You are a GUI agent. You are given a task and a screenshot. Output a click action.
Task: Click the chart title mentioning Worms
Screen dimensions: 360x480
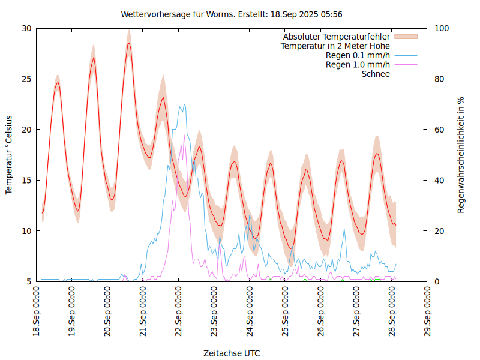[232, 14]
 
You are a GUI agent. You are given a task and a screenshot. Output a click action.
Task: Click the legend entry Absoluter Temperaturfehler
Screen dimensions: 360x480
[337, 37]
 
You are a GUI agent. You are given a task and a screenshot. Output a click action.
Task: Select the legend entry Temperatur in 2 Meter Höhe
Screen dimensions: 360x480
[335, 46]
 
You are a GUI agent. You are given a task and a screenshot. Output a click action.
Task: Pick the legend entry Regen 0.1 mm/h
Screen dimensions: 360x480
[358, 56]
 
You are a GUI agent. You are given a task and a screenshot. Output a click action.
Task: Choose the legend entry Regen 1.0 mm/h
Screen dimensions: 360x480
[358, 65]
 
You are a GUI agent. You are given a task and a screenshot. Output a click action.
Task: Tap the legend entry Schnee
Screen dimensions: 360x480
[376, 74]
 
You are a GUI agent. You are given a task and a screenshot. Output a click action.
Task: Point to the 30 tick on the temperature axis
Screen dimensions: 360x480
[26, 28]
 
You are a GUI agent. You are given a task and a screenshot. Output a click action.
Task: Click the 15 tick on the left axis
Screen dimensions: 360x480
[26, 180]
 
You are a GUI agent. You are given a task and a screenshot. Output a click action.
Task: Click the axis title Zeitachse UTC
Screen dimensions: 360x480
[232, 353]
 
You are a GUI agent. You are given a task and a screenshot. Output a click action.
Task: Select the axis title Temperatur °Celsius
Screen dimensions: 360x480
[9, 155]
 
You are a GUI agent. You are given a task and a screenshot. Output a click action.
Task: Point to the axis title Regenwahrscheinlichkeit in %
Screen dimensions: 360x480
[461, 155]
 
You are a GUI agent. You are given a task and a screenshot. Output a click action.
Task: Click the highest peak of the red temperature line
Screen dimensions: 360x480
[128, 43]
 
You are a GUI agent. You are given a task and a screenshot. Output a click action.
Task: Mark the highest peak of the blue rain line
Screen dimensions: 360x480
[184, 104]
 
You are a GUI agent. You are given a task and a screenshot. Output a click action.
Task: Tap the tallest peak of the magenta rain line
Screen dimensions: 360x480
[184, 136]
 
